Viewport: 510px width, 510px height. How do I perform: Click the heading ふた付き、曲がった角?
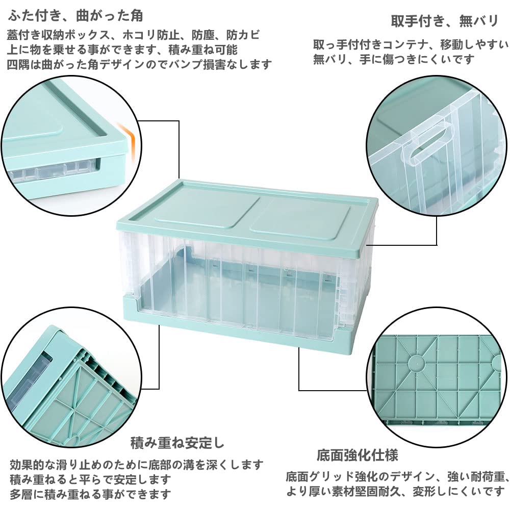point(75,16)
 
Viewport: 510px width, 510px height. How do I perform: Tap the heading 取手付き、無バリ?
point(444,21)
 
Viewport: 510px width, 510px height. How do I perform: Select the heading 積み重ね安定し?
point(177,442)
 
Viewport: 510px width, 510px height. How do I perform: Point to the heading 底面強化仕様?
point(357,454)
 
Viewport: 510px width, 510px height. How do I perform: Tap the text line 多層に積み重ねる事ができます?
point(90,494)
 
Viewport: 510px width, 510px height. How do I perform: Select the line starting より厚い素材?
point(396,492)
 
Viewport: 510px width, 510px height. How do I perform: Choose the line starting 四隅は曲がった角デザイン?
point(140,64)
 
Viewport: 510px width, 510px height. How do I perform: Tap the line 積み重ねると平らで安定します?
point(90,479)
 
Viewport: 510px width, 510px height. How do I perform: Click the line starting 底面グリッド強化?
point(397,477)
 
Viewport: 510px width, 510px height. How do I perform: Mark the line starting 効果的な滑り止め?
point(137,465)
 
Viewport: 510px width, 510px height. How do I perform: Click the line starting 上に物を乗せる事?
point(122,49)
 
